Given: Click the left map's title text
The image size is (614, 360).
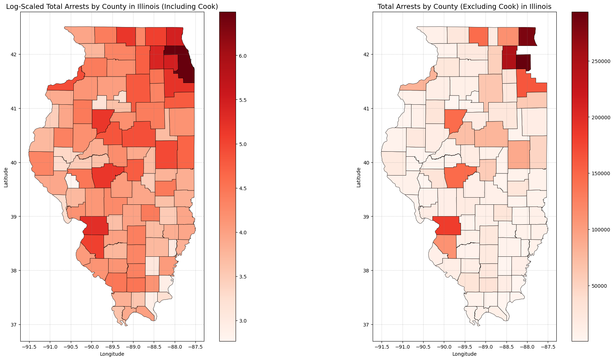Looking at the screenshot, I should [112, 6].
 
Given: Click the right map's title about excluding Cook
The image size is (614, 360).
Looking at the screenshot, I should [465, 6].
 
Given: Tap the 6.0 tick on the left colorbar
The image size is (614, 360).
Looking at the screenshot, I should [243, 56].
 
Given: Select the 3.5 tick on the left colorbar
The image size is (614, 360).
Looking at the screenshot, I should [243, 277].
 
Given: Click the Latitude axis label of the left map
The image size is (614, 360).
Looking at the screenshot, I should [6, 177].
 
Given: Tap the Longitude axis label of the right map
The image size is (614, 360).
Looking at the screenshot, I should [465, 354].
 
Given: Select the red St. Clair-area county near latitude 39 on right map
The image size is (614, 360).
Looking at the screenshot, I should [447, 226].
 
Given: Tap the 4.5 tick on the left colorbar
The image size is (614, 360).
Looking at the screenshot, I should [243, 188].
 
